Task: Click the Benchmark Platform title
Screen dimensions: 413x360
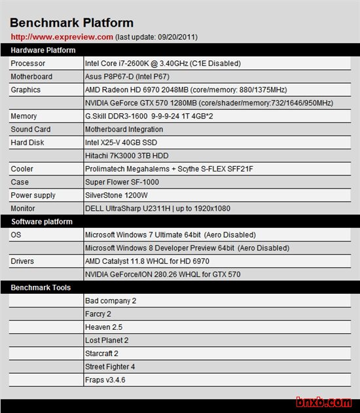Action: [x=72, y=24]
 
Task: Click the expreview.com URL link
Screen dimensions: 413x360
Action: [x=62, y=37]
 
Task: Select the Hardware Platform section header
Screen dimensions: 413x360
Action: [x=43, y=50]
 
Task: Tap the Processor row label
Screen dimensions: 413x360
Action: [x=28, y=63]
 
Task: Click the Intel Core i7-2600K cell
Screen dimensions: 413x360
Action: [x=163, y=63]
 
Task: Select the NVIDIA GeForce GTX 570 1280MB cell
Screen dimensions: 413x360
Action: [x=209, y=103]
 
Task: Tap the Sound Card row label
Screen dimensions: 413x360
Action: [x=31, y=129]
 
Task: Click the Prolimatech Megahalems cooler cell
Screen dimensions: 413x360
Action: [x=169, y=169]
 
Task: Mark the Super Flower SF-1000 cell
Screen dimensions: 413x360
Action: [x=122, y=182]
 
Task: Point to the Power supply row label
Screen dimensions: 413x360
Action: [x=33, y=195]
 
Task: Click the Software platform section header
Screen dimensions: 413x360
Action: [x=42, y=221]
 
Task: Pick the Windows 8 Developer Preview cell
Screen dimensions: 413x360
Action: [x=187, y=248]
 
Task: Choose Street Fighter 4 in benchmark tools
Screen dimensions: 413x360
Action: [x=110, y=367]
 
